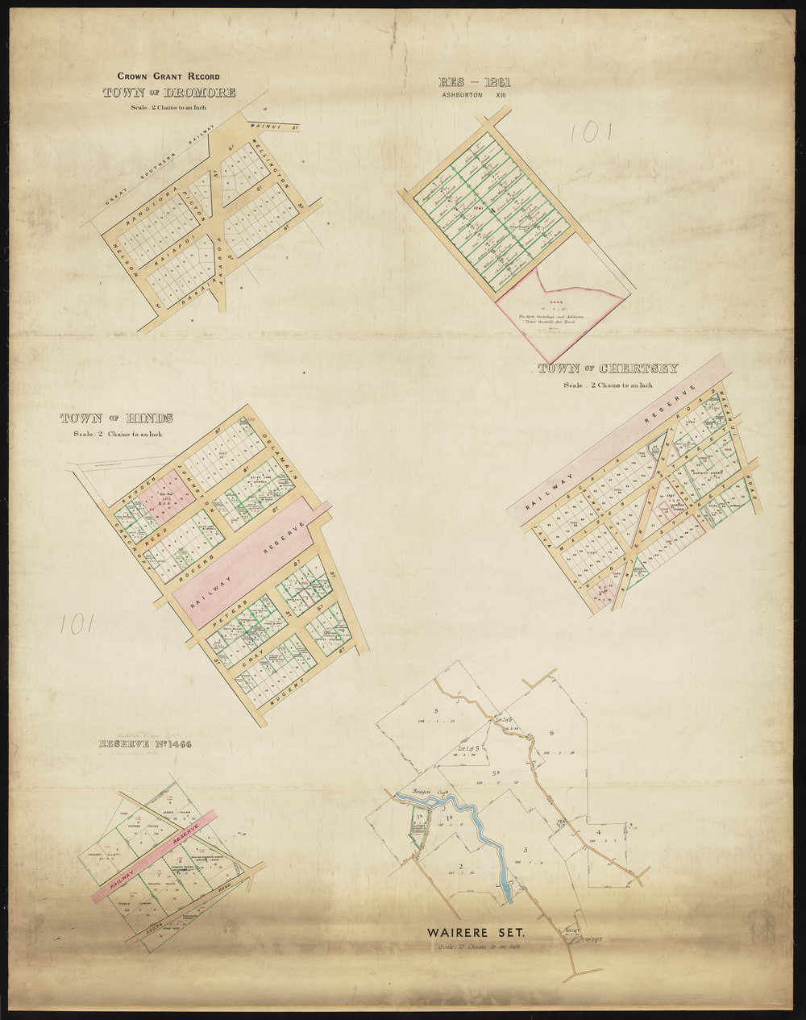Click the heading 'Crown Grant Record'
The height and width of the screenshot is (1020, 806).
click(168, 77)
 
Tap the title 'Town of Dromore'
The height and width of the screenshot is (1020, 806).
click(169, 93)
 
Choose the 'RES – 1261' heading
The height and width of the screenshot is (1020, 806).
click(474, 81)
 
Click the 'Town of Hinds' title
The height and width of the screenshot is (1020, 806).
click(116, 418)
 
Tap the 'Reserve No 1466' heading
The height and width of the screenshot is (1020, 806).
click(146, 743)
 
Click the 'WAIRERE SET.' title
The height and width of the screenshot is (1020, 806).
click(476, 933)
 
